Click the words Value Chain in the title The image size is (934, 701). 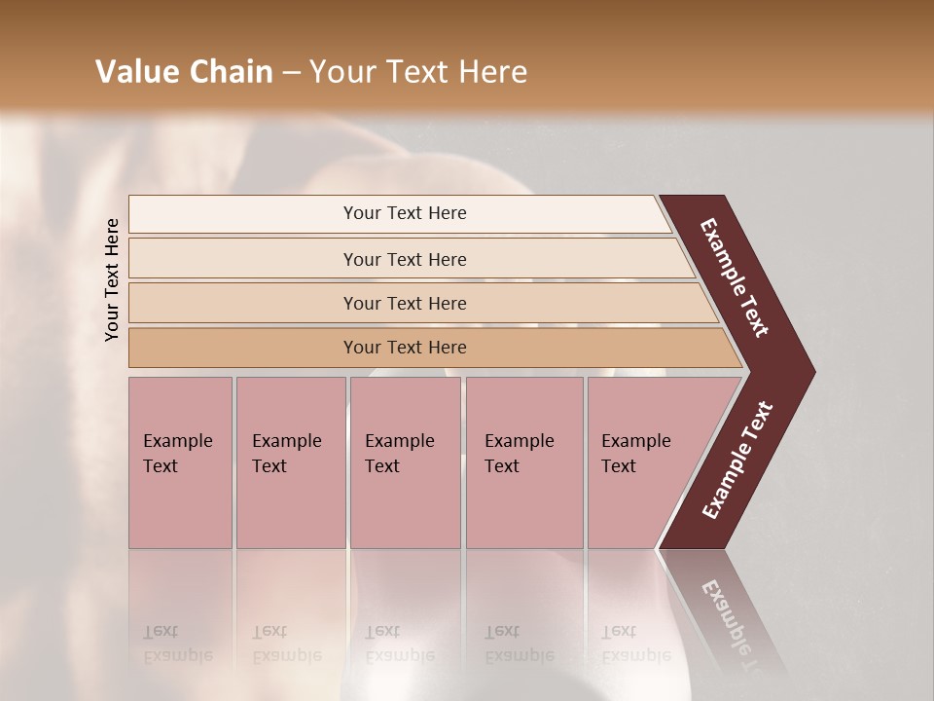tap(184, 72)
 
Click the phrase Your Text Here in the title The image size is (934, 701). tap(418, 72)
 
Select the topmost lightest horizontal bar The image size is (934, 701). tap(405, 213)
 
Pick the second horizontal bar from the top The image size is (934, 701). tap(405, 259)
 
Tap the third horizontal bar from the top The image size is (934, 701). tap(405, 303)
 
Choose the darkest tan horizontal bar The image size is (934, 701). tap(405, 348)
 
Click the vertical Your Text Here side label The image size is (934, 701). tap(112, 279)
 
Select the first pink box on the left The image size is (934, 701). tap(180, 462)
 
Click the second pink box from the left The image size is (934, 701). tap(290, 462)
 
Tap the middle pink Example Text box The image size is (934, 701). tap(405, 462)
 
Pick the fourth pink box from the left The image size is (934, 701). tap(523, 462)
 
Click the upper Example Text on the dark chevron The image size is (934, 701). tap(736, 277)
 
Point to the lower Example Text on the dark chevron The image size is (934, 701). tap(737, 461)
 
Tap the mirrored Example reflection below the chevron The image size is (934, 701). tap(735, 623)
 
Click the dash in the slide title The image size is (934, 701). tap(291, 73)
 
